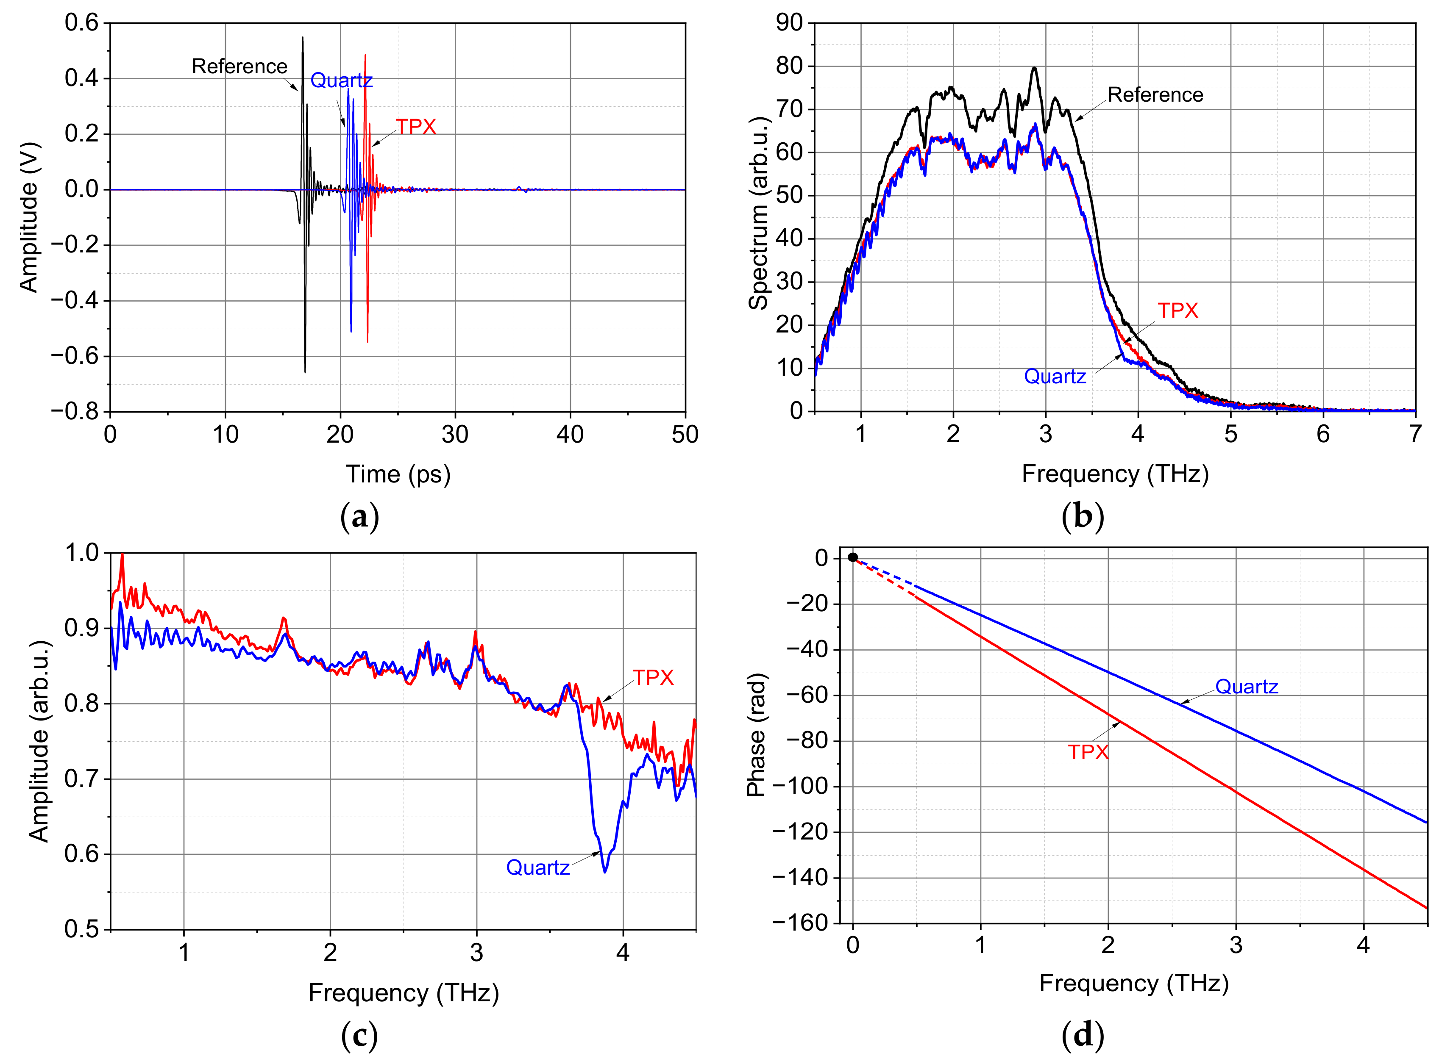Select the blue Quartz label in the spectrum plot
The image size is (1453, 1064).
tap(1055, 376)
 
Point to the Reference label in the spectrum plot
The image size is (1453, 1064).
tap(1155, 95)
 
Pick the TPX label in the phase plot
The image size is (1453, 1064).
tap(1088, 752)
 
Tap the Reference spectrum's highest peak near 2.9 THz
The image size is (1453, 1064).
tap(1034, 68)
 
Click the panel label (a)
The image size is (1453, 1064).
tap(359, 517)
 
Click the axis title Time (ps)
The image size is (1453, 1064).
tap(398, 474)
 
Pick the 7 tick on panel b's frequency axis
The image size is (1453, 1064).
tap(1415, 435)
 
